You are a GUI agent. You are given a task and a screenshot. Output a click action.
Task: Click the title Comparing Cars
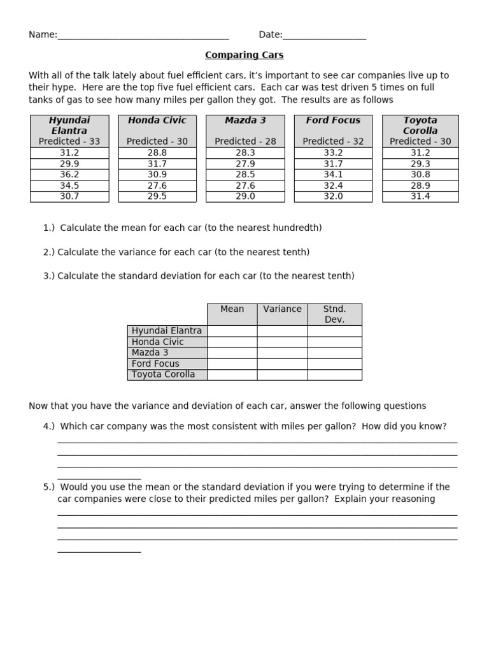click(x=244, y=55)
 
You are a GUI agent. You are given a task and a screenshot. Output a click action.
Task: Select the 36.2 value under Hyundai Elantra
click(x=69, y=175)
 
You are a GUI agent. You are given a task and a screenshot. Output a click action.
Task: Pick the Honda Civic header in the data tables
click(x=157, y=121)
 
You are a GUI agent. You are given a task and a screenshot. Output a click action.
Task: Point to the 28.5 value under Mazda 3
click(x=245, y=175)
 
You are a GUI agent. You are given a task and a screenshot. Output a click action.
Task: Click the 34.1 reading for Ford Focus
click(x=333, y=175)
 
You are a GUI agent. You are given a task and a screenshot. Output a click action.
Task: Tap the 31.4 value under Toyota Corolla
click(x=420, y=196)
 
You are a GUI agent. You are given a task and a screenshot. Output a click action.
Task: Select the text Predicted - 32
click(x=333, y=142)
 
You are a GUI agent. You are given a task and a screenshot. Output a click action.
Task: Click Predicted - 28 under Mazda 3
click(x=245, y=142)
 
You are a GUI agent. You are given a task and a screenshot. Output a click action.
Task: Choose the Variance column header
click(x=282, y=309)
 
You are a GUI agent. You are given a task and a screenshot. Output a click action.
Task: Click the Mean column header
click(x=232, y=309)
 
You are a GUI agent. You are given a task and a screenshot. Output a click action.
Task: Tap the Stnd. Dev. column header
click(x=334, y=314)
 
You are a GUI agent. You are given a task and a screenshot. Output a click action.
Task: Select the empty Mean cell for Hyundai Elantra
click(x=232, y=331)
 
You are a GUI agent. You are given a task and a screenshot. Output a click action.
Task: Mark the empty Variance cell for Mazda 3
click(x=282, y=353)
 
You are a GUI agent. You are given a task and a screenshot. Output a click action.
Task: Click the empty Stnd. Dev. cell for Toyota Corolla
click(x=334, y=374)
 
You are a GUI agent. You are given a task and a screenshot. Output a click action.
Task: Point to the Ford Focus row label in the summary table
click(x=155, y=363)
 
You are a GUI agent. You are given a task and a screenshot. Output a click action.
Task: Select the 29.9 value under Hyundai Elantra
click(x=69, y=164)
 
